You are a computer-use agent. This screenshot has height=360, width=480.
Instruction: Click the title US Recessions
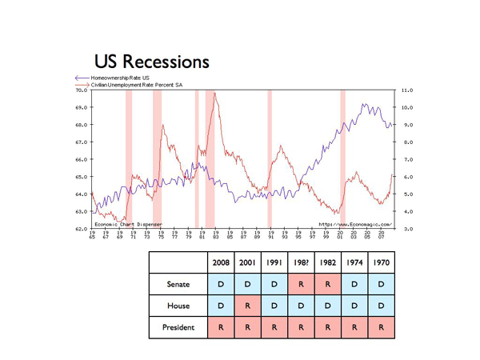pos(152,61)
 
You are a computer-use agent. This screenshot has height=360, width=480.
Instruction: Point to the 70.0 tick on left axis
pos(82,90)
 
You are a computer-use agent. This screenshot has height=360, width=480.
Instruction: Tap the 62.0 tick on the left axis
pos(82,229)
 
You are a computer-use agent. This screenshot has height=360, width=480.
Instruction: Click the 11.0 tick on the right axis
pos(406,90)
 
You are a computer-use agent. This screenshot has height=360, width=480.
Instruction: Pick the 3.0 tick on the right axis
pos(406,229)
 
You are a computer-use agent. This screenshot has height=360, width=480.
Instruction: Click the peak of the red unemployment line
pos(214,94)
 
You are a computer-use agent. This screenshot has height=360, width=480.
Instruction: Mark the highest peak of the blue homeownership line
pos(364,104)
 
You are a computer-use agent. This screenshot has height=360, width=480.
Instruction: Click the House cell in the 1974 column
pos(354,304)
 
